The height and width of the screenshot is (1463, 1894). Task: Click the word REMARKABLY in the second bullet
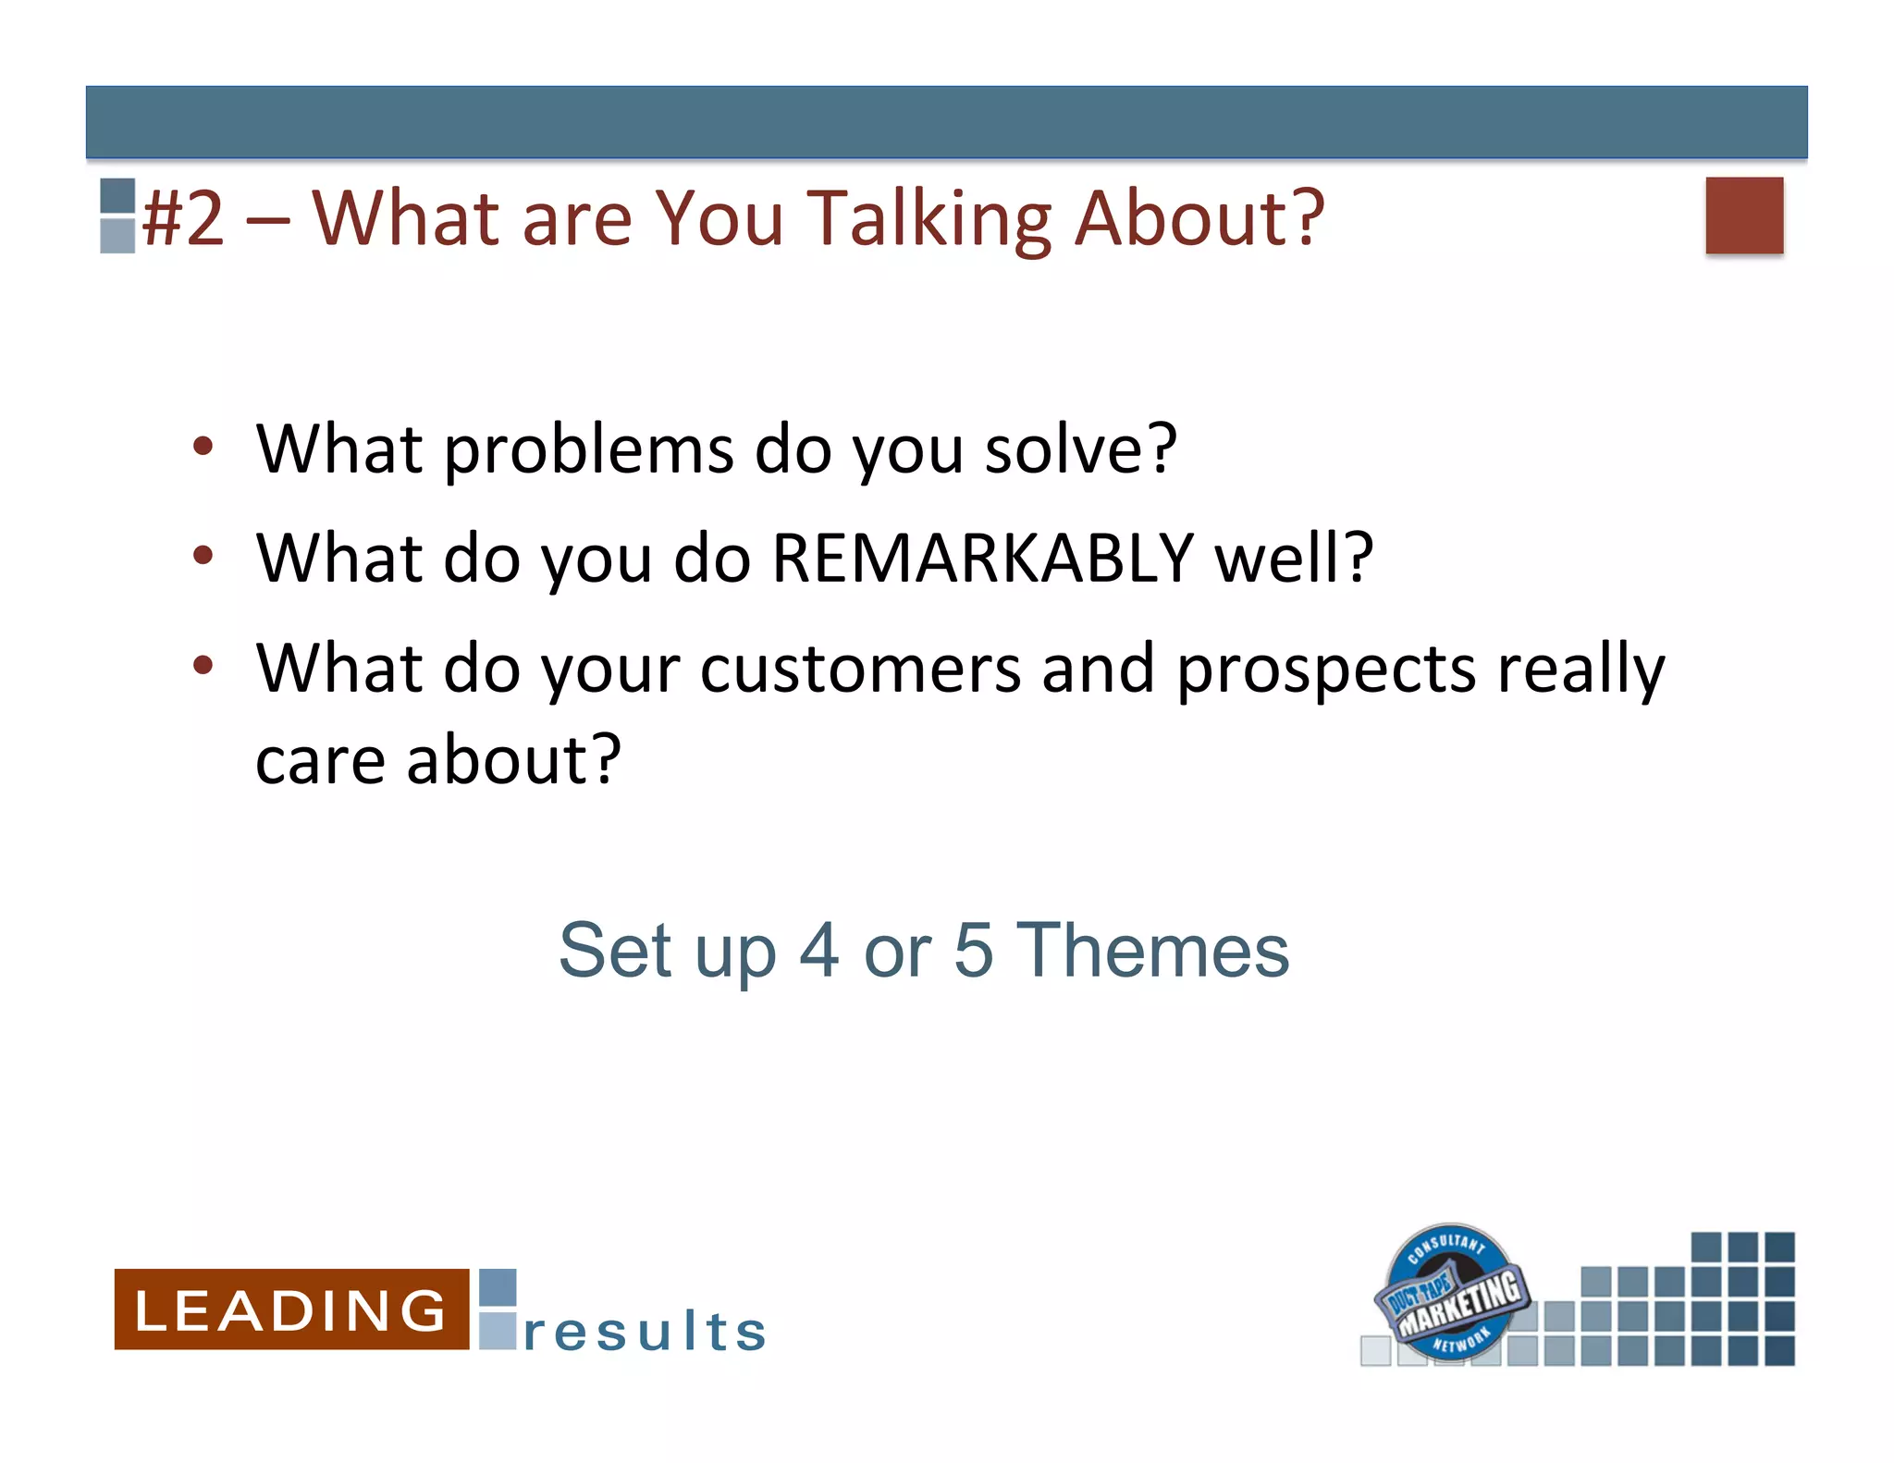982,559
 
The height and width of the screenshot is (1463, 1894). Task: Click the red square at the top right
1744,215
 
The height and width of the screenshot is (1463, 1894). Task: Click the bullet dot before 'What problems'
203,448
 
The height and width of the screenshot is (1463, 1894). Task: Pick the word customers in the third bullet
860,668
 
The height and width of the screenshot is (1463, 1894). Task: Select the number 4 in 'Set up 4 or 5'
819,951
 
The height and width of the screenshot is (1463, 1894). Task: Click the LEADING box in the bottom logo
291,1309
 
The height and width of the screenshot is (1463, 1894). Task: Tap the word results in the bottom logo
645,1332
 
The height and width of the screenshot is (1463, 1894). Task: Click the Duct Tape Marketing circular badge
1450,1293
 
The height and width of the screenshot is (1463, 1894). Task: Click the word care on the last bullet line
320,760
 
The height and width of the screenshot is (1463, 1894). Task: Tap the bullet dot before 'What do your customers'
203,665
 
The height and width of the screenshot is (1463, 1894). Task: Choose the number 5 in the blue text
974,951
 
